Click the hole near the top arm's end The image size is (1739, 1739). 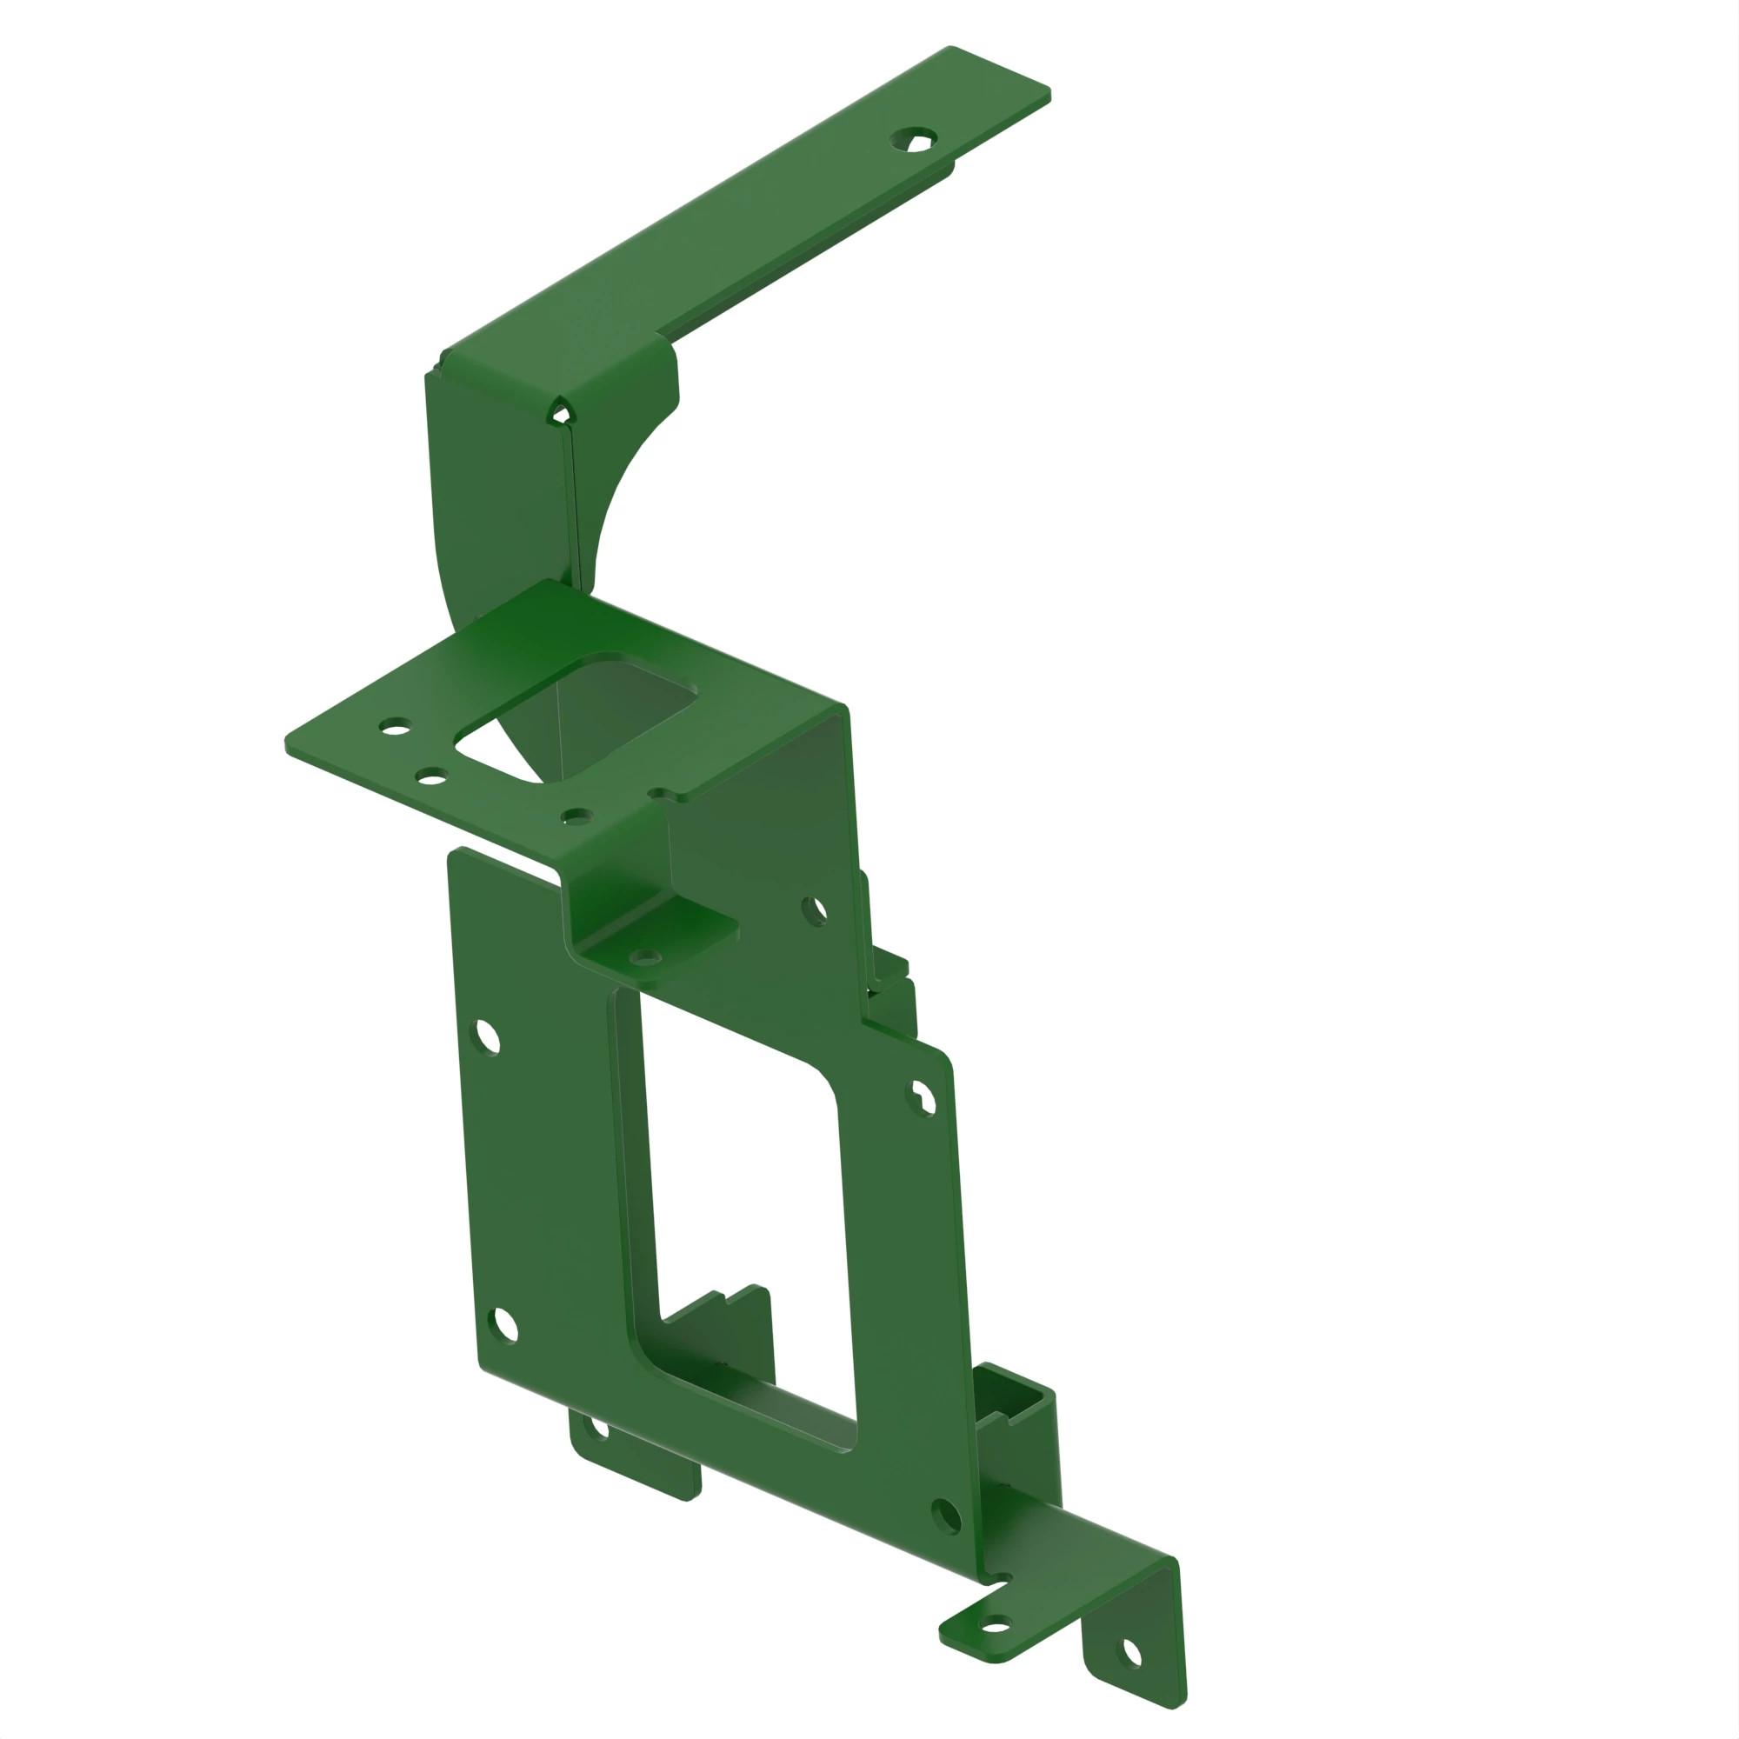[x=914, y=139]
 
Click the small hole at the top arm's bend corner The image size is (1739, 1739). [x=560, y=414]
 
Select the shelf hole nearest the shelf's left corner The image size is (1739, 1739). [x=395, y=725]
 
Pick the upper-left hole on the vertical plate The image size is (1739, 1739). [x=487, y=1036]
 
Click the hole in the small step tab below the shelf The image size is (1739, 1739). [x=644, y=956]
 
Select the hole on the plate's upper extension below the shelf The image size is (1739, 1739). [x=814, y=911]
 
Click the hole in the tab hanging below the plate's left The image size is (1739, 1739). [x=596, y=1429]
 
